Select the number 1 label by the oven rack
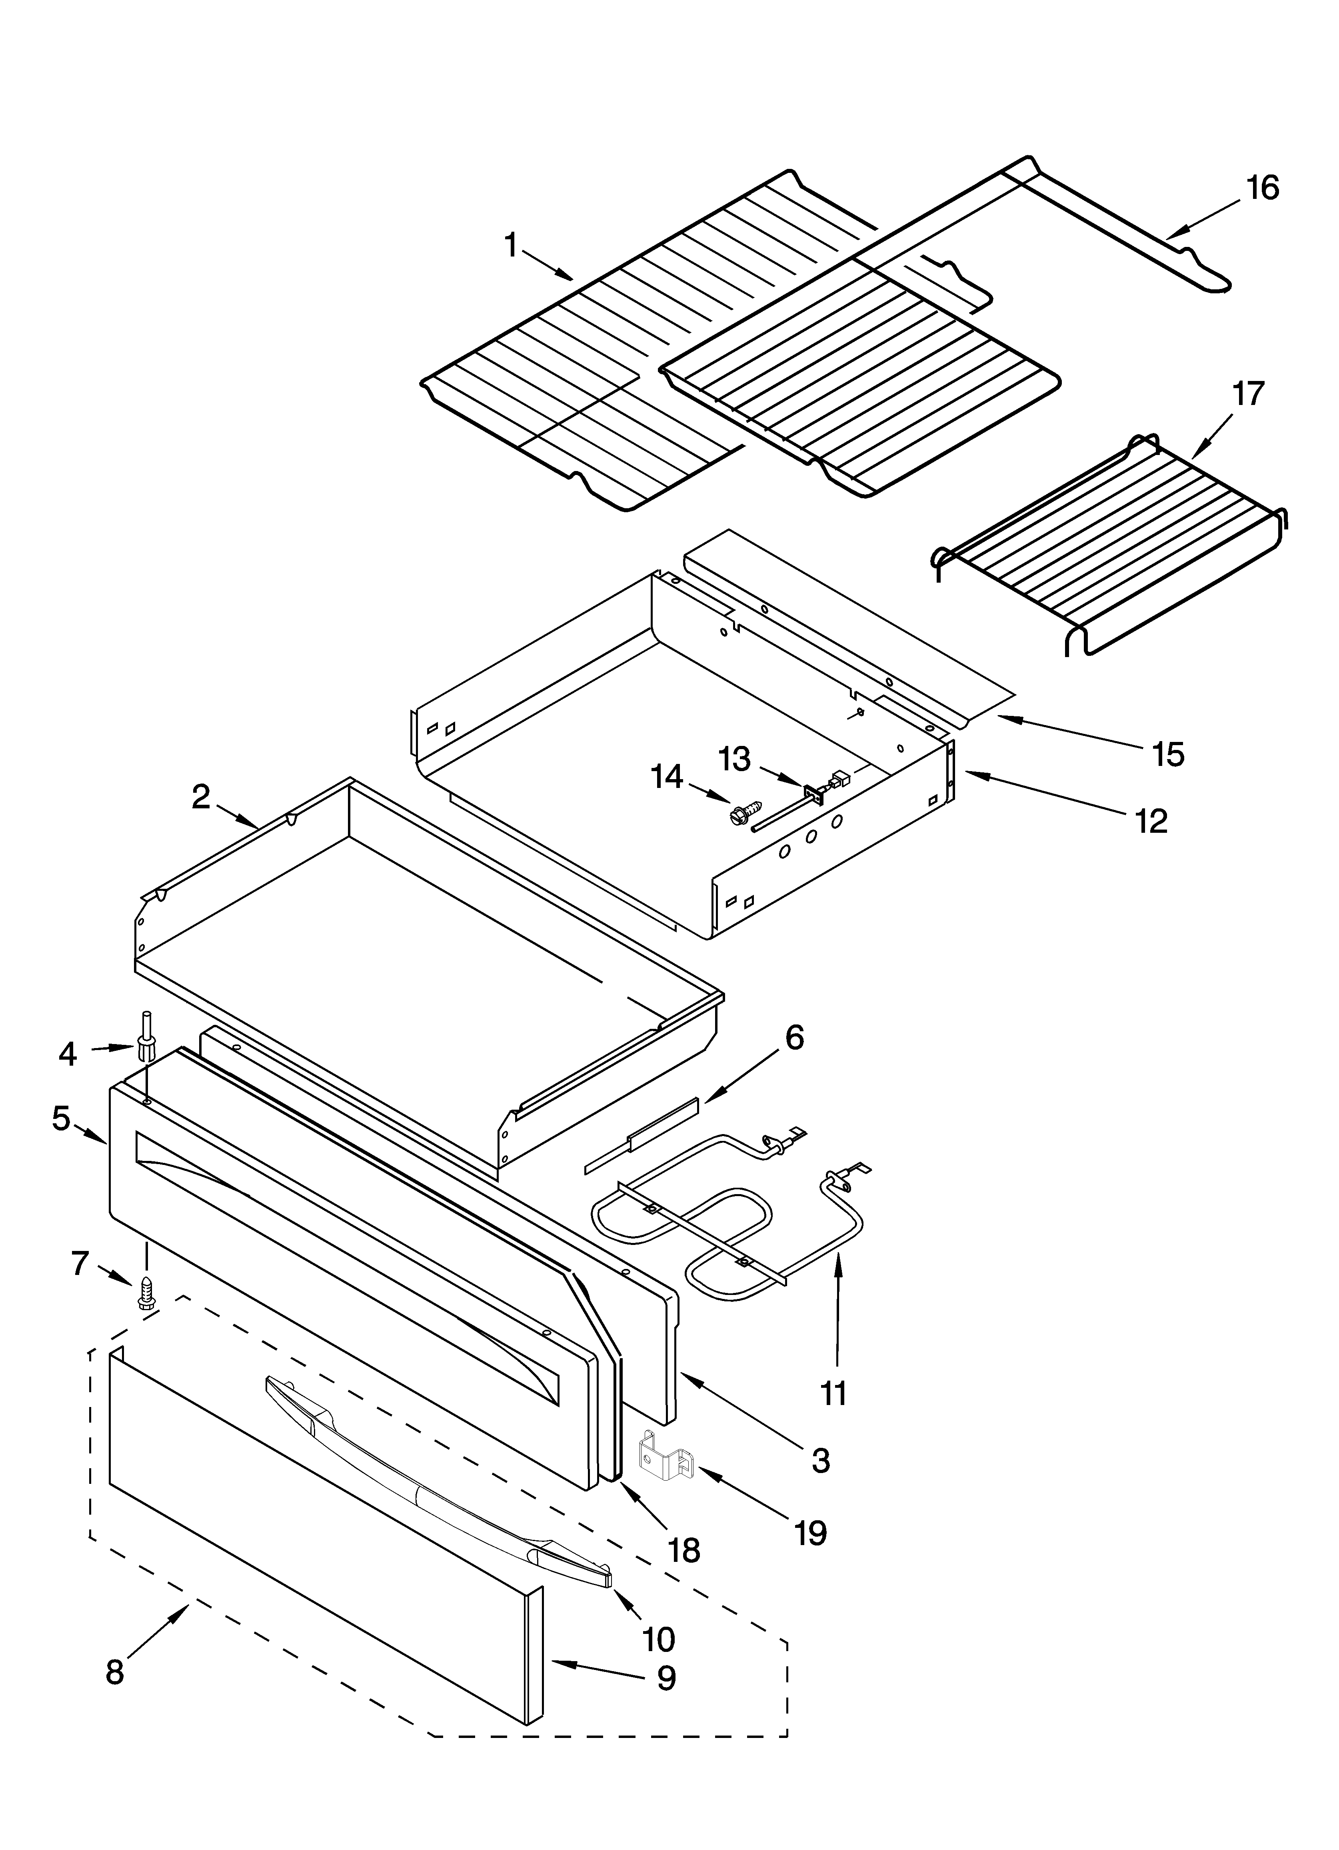pyautogui.click(x=511, y=245)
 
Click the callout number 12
pyautogui.click(x=1151, y=822)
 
